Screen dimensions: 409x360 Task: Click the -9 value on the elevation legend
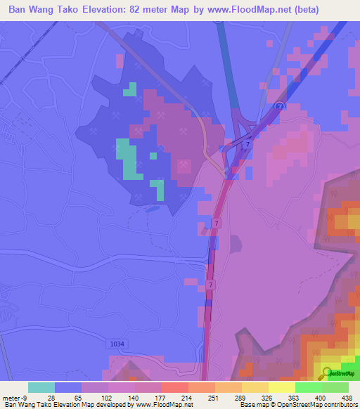pos(26,397)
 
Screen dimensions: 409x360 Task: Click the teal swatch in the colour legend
pos(41,387)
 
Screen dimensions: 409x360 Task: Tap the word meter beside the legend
pos(11,397)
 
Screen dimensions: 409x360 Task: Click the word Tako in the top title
pos(77,10)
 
